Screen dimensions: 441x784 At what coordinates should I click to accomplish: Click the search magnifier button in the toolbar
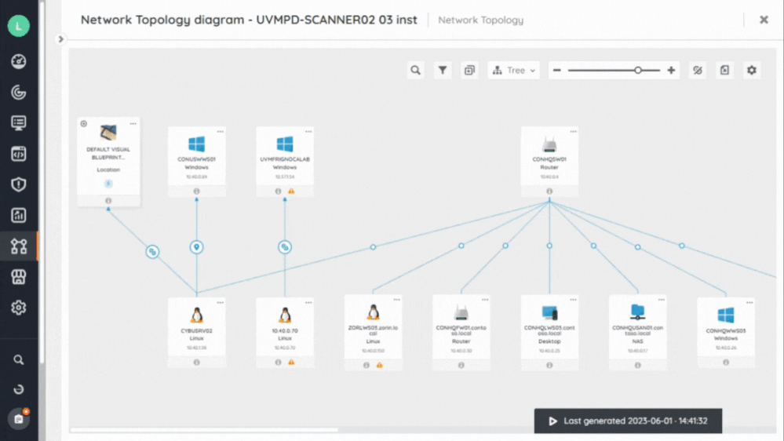click(416, 71)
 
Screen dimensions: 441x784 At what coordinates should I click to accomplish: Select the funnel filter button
click(443, 71)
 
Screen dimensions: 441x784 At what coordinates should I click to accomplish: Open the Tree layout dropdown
click(514, 71)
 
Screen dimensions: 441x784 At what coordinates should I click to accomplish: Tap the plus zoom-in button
click(671, 71)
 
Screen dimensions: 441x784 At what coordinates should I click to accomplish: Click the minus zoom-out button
click(557, 71)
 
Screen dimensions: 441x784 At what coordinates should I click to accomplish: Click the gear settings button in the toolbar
click(752, 71)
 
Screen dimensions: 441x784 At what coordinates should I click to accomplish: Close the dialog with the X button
click(764, 20)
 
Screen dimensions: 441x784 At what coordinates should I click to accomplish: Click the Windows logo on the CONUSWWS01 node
click(196, 144)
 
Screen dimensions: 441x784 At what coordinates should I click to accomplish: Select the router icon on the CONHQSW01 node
click(549, 144)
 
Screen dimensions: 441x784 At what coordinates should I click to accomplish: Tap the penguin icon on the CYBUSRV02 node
click(196, 315)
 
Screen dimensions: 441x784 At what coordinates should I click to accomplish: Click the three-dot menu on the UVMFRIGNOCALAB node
click(308, 132)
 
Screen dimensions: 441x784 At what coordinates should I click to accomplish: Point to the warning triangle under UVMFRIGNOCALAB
click(291, 191)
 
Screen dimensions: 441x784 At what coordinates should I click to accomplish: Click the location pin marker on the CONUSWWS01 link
click(197, 247)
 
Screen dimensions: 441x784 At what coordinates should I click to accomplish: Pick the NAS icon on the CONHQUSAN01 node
click(637, 314)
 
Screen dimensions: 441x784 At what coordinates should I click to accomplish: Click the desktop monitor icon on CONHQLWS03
click(549, 314)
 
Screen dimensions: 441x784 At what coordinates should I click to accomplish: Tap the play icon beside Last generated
click(553, 421)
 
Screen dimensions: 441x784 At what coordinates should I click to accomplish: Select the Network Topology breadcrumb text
click(480, 20)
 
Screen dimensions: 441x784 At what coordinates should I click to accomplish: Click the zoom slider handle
click(638, 71)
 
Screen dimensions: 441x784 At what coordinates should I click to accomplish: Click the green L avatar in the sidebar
click(18, 26)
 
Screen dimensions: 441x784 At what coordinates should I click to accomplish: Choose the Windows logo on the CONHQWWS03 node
click(726, 315)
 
